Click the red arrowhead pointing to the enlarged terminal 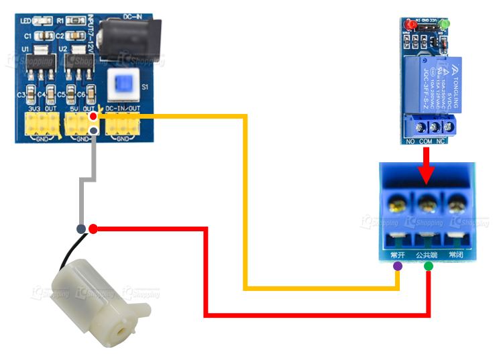point(425,176)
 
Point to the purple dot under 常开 point(398,266)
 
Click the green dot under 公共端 point(429,266)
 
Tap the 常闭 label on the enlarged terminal point(456,255)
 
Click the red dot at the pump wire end point(93,229)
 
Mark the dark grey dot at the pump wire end point(81,229)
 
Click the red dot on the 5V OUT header point(93,117)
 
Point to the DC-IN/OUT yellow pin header point(121,123)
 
